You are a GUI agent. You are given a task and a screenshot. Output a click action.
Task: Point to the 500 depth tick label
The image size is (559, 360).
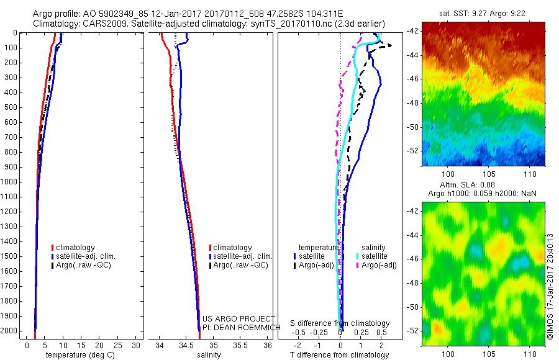pos(11,107)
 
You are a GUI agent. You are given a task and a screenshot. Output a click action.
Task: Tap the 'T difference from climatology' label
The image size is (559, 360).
pos(340,355)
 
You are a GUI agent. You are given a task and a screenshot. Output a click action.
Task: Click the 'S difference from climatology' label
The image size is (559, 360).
pos(340,323)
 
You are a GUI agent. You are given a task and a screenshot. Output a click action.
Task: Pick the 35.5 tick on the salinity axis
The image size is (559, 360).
pos(240,345)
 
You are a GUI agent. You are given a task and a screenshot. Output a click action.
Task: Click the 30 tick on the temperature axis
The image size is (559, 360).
pos(137,345)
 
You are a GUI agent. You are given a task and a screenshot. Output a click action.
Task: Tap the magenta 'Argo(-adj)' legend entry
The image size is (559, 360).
pos(378,265)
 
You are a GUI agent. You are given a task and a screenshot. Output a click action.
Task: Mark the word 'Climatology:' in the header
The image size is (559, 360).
pos(57,24)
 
